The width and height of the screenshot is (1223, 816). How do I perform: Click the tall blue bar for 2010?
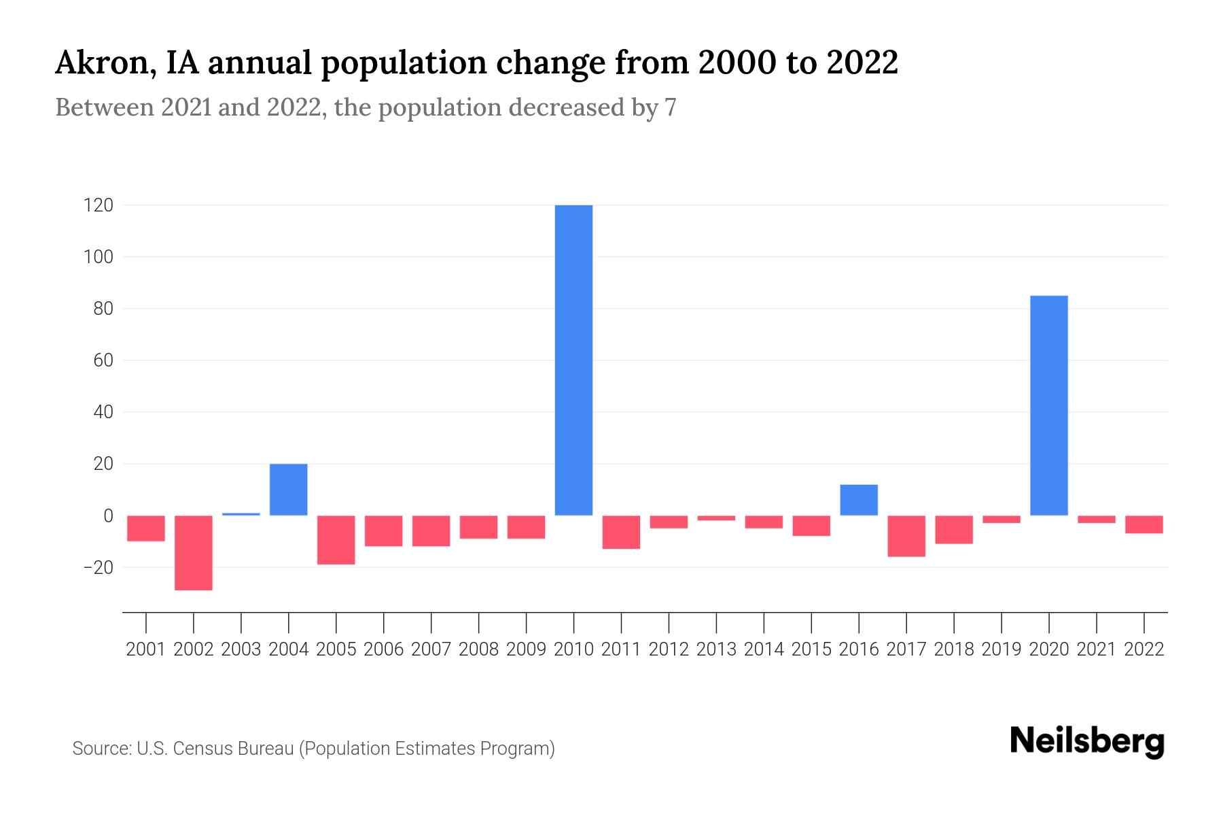[x=573, y=360]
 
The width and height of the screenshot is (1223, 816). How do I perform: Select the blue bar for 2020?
[x=1048, y=405]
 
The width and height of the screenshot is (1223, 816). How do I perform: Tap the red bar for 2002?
[x=194, y=552]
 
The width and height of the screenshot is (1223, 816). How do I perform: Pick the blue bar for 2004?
[x=289, y=490]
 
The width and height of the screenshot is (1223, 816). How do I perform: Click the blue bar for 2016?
[x=859, y=500]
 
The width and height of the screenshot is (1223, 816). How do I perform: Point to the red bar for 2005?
[x=336, y=539]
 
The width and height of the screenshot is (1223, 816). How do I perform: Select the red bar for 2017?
[x=906, y=536]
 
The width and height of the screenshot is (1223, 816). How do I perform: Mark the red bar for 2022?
[x=1144, y=524]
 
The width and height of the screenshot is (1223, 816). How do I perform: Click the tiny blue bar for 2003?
[x=241, y=514]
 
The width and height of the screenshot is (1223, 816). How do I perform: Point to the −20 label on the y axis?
[x=94, y=567]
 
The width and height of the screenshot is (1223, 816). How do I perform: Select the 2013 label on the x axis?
[x=716, y=649]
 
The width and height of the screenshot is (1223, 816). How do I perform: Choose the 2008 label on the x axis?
[x=478, y=649]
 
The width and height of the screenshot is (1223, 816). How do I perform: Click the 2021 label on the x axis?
[x=1096, y=649]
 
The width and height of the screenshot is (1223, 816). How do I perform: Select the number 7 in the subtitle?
[x=671, y=107]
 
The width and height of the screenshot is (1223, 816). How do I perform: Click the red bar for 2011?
[x=621, y=532]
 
